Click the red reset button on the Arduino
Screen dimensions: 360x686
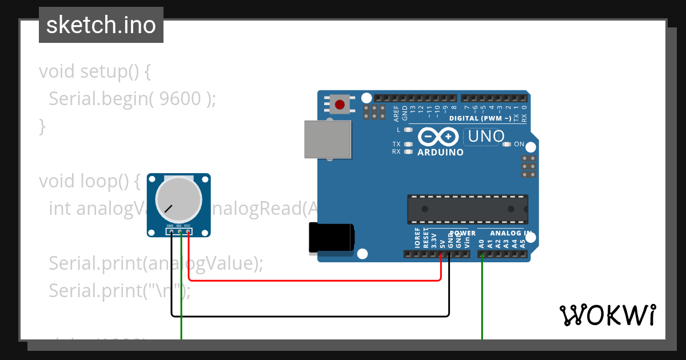[x=341, y=105]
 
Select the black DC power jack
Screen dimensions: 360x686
[x=331, y=238]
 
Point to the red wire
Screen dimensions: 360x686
[x=314, y=281]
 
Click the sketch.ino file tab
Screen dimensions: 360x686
[x=101, y=25]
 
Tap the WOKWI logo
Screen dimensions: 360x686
[x=607, y=315]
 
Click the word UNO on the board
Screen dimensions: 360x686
[x=486, y=136]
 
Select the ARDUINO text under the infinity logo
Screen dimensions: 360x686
[x=440, y=153]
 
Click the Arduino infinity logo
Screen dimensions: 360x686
[x=438, y=137]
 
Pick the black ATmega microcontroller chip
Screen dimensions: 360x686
[x=467, y=209]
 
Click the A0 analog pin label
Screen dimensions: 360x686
[x=482, y=243]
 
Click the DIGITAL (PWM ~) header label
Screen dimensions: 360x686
[x=480, y=118]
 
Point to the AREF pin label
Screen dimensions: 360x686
[x=397, y=113]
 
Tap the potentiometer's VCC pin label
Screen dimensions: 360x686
[x=187, y=226]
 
